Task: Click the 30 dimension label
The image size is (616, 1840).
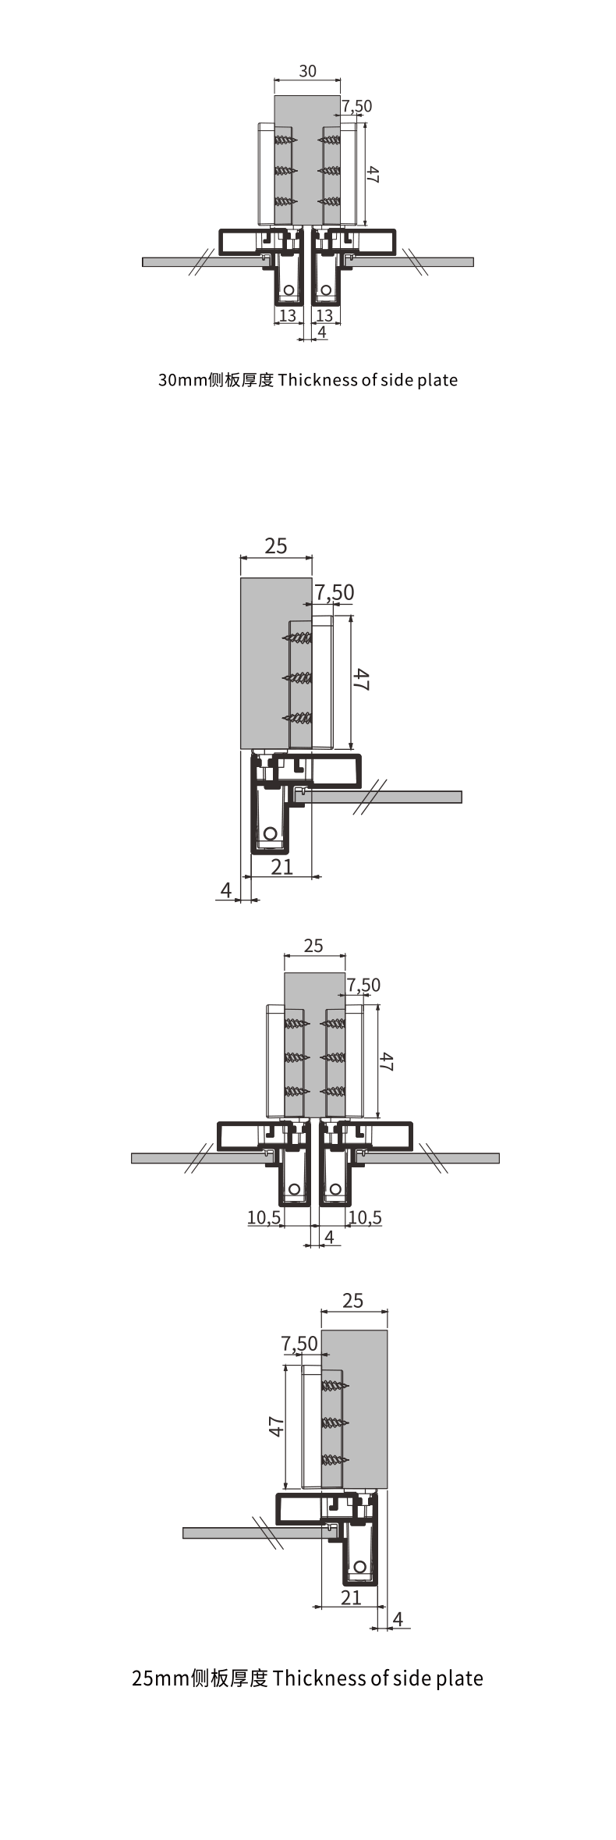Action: click(x=308, y=71)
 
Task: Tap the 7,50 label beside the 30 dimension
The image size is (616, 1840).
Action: click(x=357, y=106)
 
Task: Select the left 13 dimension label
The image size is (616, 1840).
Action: click(x=288, y=315)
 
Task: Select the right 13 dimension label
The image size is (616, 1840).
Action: click(x=324, y=315)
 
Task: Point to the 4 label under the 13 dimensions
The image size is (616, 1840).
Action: click(x=322, y=332)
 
